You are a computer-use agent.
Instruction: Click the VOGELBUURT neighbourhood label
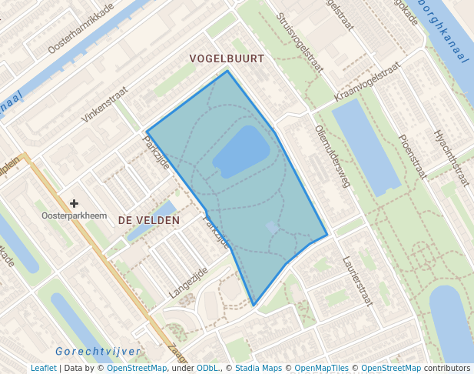[x=227, y=58]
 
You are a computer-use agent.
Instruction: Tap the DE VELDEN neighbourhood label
[x=149, y=220]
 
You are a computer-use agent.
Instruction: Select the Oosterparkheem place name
[x=73, y=215]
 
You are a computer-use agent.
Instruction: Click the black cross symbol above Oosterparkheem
[x=74, y=203]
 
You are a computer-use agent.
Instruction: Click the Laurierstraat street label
[x=357, y=280]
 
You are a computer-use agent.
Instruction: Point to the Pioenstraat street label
[x=413, y=157]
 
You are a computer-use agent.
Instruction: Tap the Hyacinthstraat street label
[x=451, y=159]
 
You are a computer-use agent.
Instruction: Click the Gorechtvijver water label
[x=98, y=352]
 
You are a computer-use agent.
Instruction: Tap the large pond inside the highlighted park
[x=241, y=152]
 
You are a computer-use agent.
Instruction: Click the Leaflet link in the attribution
[x=44, y=368]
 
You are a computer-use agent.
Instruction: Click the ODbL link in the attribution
[x=207, y=368]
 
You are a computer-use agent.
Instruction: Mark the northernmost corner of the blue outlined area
[x=227, y=72]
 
